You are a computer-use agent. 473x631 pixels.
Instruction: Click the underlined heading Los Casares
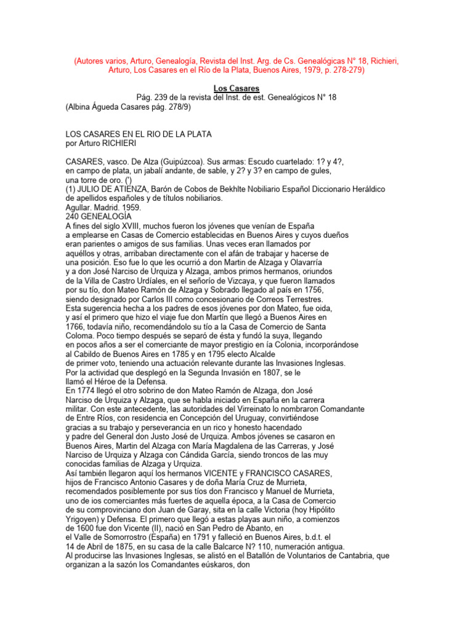click(236, 89)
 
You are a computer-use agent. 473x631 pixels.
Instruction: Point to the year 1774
click(87, 391)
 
